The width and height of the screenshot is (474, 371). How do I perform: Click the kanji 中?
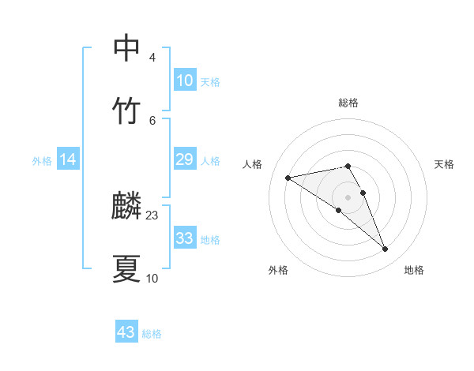pos(127,47)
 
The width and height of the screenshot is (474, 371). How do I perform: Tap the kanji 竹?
pos(127,110)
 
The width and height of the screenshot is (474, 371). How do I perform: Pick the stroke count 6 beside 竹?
pos(152,119)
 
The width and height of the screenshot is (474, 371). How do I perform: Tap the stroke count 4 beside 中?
pos(152,58)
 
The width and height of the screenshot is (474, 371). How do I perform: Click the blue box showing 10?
pos(184,81)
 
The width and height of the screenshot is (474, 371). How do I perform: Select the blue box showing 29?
pos(184,159)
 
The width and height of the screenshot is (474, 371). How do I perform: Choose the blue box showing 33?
pos(184,238)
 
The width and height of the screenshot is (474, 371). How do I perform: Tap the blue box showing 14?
pos(68,159)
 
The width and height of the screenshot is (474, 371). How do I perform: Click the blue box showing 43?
pos(126,332)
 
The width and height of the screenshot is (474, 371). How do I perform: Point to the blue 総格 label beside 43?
pos(152,334)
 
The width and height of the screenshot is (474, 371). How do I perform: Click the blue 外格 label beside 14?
pos(42,161)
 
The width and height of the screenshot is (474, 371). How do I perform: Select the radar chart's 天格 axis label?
pos(445,164)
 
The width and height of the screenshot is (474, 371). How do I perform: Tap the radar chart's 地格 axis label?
pos(414,270)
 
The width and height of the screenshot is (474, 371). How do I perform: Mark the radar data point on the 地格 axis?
pos(386,249)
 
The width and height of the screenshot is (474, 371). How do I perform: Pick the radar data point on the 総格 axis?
pos(348,166)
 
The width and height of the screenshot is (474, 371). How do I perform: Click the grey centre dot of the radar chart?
pos(348,197)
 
